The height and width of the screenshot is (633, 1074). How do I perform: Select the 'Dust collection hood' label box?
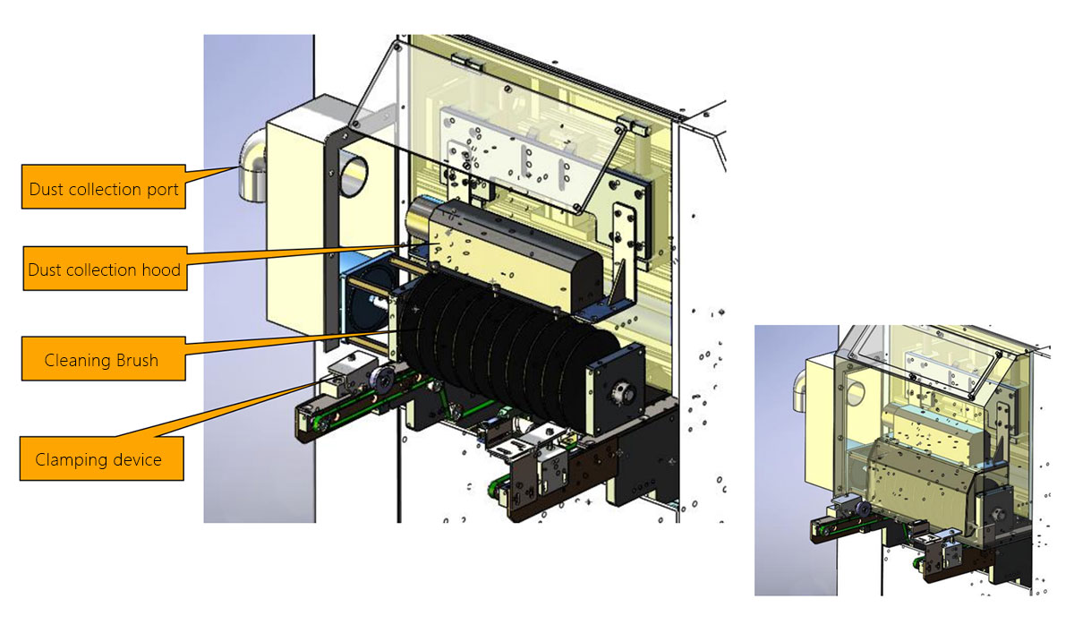103,268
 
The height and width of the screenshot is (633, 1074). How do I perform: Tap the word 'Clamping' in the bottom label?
68,460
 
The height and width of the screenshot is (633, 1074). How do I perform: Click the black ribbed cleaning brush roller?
501,340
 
